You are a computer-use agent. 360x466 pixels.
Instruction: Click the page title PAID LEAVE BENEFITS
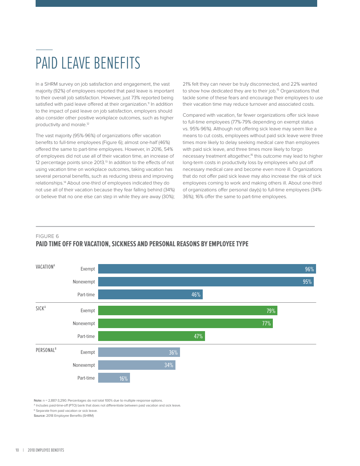tap(88, 63)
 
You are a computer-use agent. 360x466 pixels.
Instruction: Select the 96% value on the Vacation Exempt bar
tap(309, 269)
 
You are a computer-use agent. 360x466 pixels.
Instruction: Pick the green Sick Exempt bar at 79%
tap(187, 311)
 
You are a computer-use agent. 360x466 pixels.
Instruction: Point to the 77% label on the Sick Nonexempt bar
tap(266, 324)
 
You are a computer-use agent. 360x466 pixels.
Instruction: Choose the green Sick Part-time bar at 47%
tap(151, 336)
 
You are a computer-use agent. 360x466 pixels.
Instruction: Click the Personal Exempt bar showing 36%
tap(139, 352)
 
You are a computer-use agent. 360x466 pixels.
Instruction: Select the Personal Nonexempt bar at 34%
tap(136, 365)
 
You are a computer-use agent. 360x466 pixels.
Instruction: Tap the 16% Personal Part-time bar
tap(114, 378)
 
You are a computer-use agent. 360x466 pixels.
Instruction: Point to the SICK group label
tap(41, 308)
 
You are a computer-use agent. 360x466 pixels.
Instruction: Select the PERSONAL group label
tap(46, 350)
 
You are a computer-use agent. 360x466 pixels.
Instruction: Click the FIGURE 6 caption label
tap(47, 236)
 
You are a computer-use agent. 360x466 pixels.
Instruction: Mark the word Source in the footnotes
tap(39, 416)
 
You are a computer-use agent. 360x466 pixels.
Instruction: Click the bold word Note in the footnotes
tap(38, 400)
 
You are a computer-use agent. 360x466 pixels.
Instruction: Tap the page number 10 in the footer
tap(17, 450)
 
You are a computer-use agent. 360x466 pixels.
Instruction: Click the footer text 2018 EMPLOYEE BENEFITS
tap(46, 450)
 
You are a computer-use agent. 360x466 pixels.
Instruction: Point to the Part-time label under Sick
tap(86, 336)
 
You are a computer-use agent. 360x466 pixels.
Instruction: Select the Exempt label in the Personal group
tap(88, 352)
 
